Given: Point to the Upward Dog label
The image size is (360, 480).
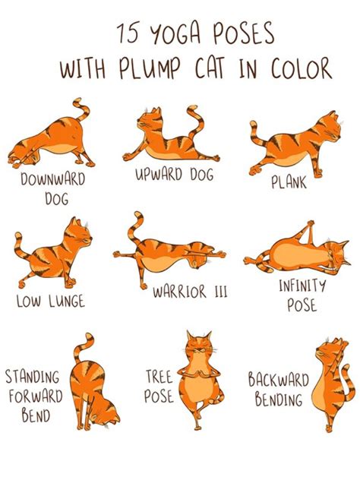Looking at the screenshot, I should pyautogui.click(x=174, y=175).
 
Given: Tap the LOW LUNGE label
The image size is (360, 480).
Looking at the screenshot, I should pyautogui.click(x=51, y=302).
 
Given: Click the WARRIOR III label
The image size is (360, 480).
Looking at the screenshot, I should pyautogui.click(x=190, y=292).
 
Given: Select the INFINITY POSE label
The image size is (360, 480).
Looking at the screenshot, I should pyautogui.click(x=302, y=295).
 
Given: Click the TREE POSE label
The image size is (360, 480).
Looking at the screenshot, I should pyautogui.click(x=159, y=386).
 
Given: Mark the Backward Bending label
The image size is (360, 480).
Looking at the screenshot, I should pyautogui.click(x=278, y=389).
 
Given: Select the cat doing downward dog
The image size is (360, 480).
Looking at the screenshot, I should pyautogui.click(x=53, y=137).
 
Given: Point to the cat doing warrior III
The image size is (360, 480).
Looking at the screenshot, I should pyautogui.click(x=171, y=254).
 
